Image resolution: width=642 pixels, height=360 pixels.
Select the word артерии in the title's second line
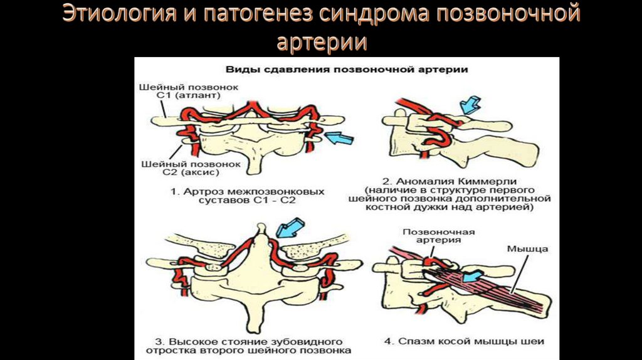[321, 43]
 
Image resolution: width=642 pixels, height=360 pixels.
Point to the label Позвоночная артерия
[438, 235]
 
